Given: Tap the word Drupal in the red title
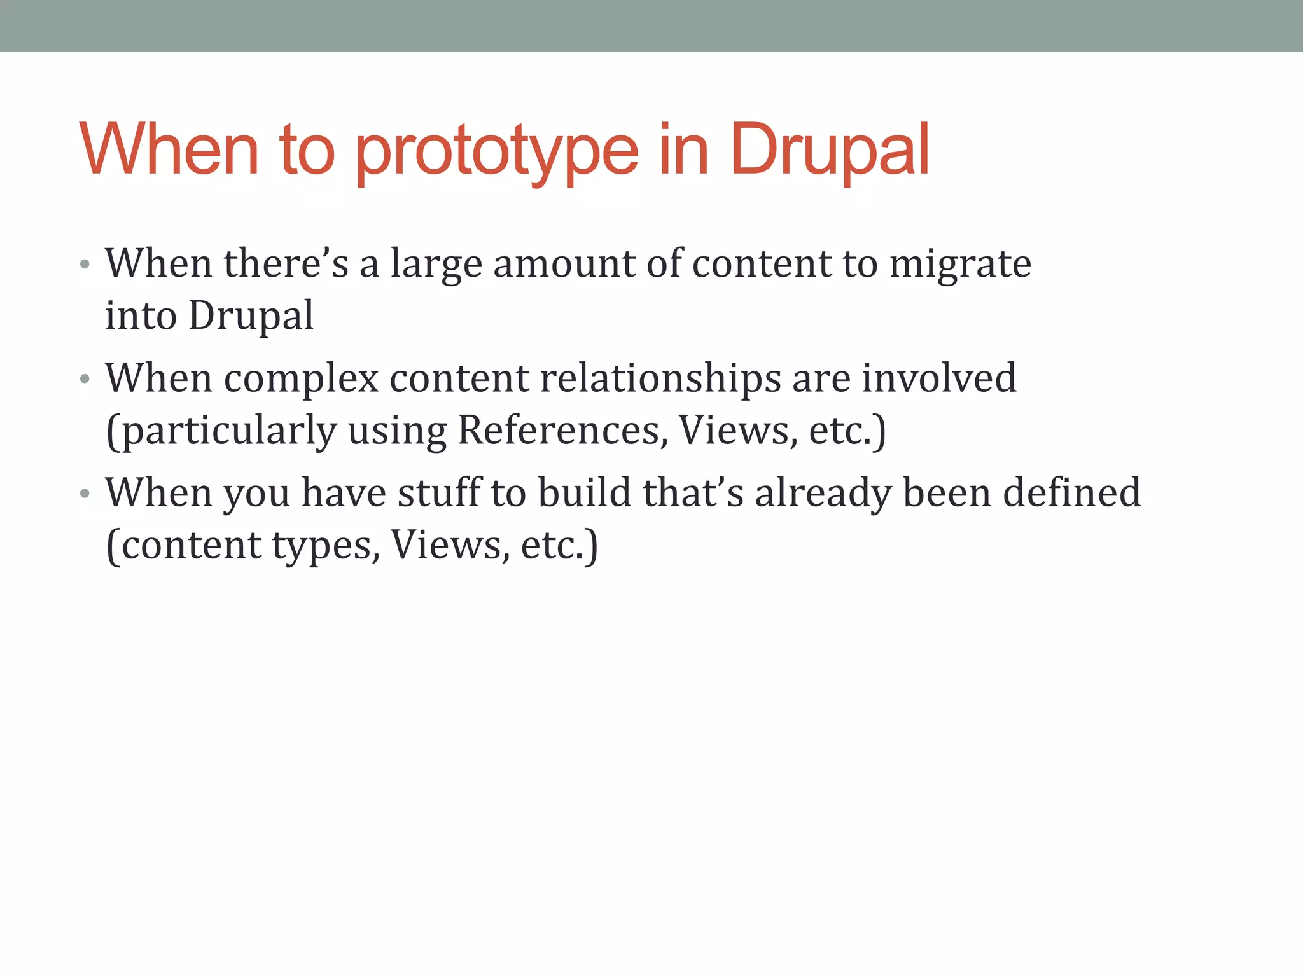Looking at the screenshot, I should [829, 150].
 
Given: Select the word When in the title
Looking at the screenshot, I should [169, 150].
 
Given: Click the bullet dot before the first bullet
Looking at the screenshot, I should [85, 265].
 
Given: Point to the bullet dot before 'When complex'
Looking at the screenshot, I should [85, 379].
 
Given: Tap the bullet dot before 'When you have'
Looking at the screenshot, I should [85, 494].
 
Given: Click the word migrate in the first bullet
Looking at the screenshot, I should [960, 265].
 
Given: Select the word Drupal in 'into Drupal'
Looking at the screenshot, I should [251, 315].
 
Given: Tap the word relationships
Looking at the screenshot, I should [660, 379].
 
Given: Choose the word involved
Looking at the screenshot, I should [939, 379].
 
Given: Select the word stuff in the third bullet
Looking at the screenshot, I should [440, 494].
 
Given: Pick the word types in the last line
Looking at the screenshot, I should [325, 546].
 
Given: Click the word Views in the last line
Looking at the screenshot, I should [449, 546].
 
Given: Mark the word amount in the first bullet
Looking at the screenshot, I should [564, 265].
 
